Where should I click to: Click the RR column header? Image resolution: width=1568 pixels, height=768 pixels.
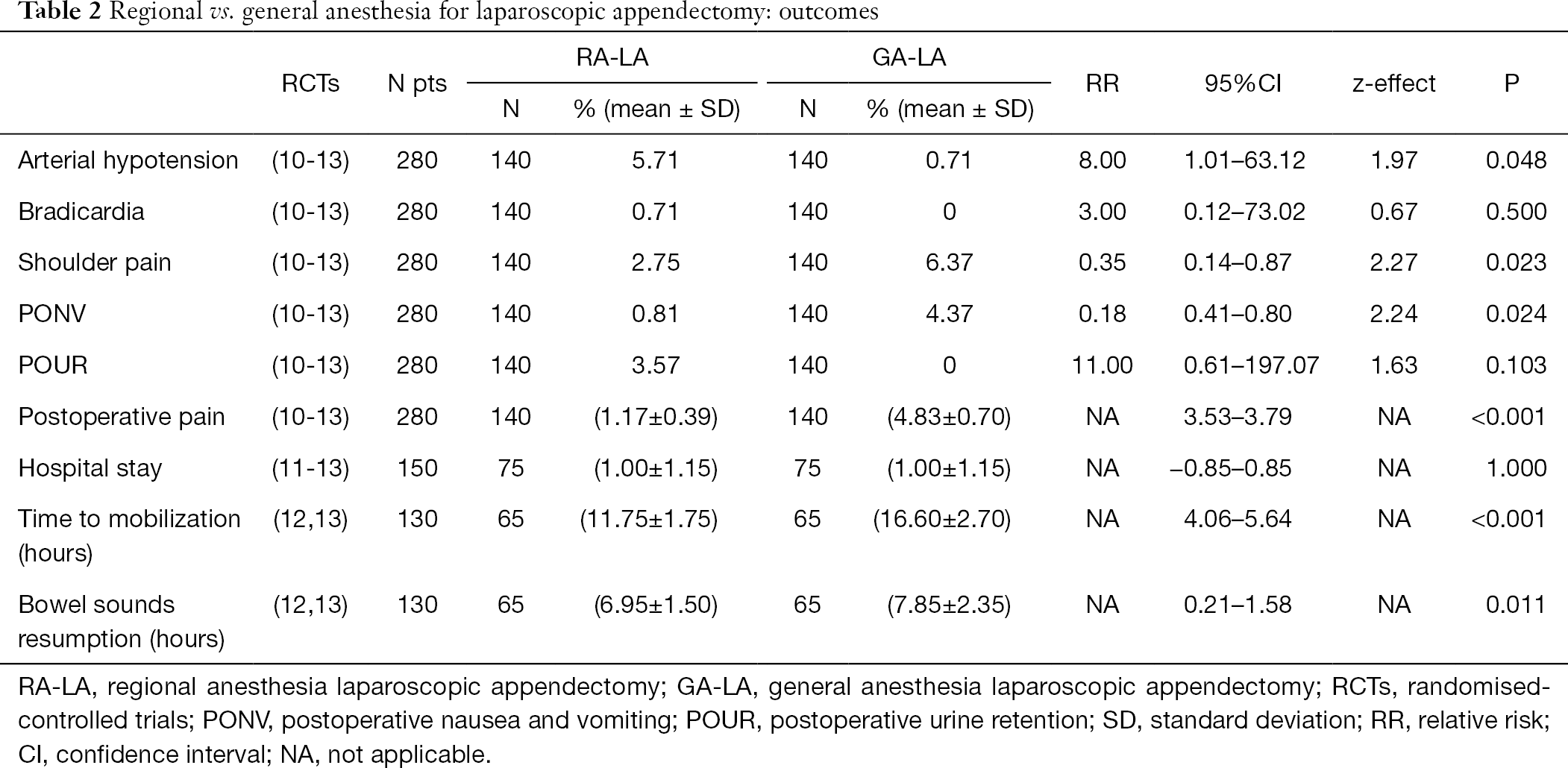[x=1102, y=83]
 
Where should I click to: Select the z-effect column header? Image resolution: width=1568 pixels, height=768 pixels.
[x=1393, y=83]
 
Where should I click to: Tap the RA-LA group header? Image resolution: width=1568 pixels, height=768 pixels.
[x=612, y=57]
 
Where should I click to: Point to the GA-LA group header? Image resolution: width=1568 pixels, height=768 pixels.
[x=909, y=57]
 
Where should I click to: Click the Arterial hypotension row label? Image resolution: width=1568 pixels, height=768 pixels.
[x=128, y=160]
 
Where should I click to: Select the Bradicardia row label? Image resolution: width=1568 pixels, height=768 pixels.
[x=81, y=212]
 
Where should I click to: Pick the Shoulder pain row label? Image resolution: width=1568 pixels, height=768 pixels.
[x=95, y=262]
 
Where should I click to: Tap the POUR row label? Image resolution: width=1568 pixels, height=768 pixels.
[x=53, y=365]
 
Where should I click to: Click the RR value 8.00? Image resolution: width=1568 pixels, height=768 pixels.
[x=1102, y=160]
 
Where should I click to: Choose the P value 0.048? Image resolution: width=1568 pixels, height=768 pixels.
[x=1516, y=160]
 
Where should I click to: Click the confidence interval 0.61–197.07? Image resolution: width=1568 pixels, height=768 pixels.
[x=1251, y=365]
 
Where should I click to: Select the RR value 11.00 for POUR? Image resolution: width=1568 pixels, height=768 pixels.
[x=1102, y=365]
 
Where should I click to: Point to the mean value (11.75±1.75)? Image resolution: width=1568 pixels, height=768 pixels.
[x=649, y=519]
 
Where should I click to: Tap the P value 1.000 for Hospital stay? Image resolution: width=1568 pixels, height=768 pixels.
[x=1516, y=468]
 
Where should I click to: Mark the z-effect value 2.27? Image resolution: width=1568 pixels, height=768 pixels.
[x=1393, y=262]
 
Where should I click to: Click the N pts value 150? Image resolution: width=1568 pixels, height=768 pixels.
[x=417, y=468]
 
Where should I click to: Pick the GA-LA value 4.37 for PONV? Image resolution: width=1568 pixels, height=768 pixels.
[x=949, y=313]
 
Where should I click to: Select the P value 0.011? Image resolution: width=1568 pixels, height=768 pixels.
[x=1516, y=604]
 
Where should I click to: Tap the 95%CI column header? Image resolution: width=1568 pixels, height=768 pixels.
[x=1244, y=83]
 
